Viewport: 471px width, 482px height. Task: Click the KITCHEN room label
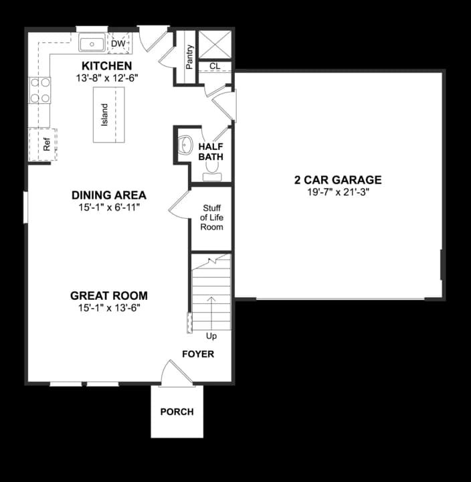106,66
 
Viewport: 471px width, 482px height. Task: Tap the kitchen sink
91,44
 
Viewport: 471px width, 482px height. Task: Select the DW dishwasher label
118,44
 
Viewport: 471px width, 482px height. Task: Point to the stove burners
39,90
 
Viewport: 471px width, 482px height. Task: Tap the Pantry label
190,56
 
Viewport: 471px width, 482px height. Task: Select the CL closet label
214,66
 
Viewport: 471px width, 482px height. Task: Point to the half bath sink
185,144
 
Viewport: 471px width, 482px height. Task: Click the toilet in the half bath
212,175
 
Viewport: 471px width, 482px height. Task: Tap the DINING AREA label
108,195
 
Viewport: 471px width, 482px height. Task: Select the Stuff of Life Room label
211,218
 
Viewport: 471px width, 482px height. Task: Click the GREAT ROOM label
108,296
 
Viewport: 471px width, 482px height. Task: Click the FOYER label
198,353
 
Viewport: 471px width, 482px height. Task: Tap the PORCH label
177,412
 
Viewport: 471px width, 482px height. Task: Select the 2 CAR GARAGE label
338,179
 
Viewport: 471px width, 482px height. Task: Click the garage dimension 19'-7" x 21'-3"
338,193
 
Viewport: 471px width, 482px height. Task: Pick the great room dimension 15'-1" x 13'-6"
108,308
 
